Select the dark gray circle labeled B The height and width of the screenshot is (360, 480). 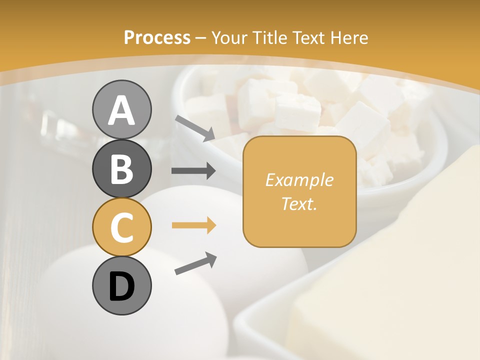(121, 168)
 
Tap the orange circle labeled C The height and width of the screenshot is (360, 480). (121, 227)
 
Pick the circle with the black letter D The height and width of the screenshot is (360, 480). (121, 285)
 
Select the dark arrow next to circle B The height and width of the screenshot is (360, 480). (193, 171)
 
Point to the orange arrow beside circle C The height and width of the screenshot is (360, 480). (193, 225)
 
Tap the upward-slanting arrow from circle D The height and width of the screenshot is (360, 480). (195, 263)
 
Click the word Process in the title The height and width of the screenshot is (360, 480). (157, 38)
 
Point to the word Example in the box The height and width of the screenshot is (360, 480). (299, 180)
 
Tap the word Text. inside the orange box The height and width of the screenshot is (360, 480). (299, 203)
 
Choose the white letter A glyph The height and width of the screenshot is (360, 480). (121, 110)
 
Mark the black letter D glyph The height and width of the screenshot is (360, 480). (121, 286)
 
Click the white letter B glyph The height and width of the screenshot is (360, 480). (121, 169)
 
